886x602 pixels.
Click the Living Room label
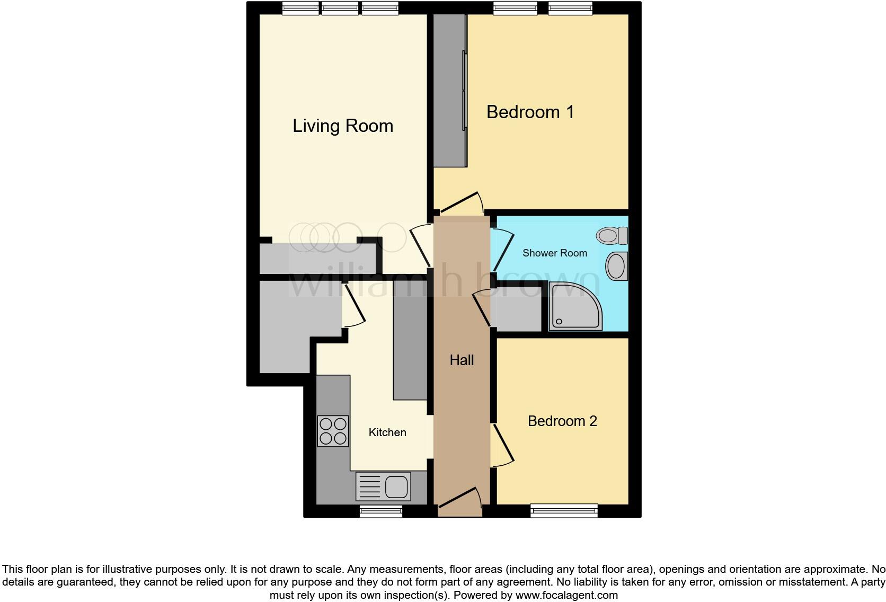(343, 126)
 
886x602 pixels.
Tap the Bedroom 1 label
(530, 112)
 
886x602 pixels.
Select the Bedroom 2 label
(562, 421)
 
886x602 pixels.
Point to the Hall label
(462, 360)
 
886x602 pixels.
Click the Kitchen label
(387, 432)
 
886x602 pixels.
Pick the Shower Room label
(555, 253)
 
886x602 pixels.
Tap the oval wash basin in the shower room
(616, 266)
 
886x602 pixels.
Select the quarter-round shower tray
(574, 307)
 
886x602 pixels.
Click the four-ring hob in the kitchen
(333, 431)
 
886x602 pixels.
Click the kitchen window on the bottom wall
(380, 511)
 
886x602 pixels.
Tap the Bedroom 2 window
(564, 511)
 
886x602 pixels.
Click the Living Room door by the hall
(421, 246)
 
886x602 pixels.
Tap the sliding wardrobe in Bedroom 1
(450, 91)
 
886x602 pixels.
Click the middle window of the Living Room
(340, 7)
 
